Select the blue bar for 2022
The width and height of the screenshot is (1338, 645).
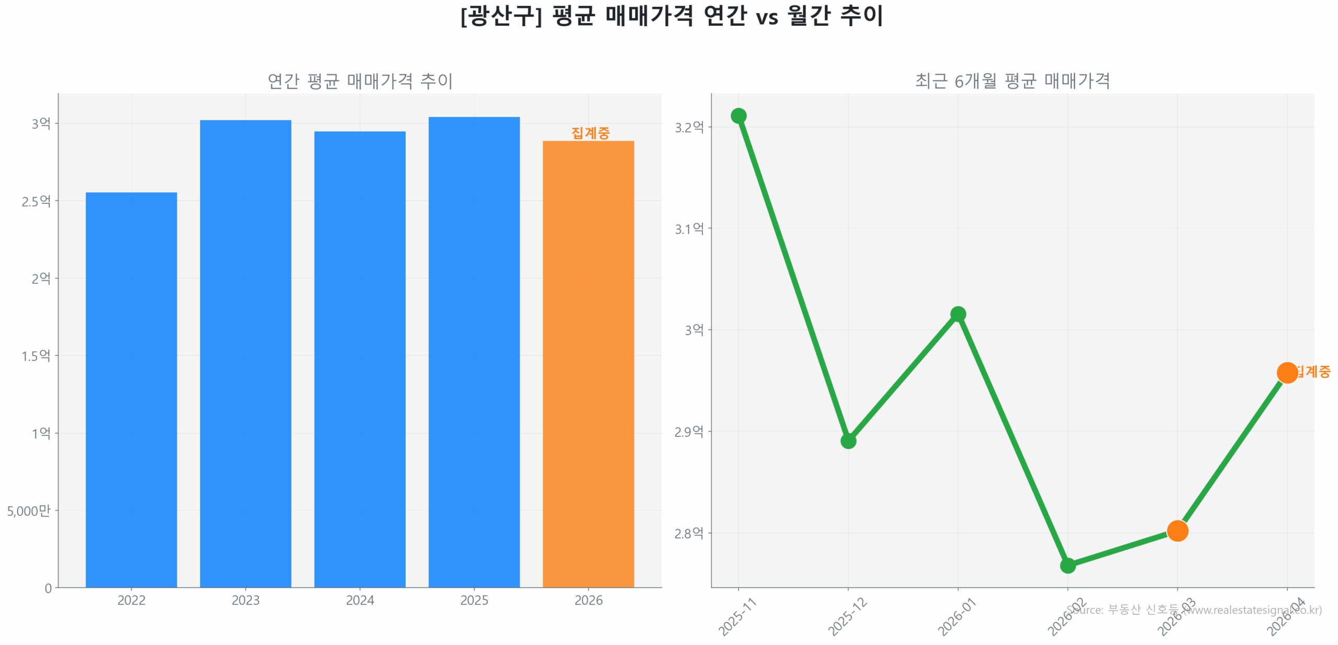coord(131,389)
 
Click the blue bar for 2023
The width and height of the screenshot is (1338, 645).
coord(245,353)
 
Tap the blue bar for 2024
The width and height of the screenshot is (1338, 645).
coord(360,359)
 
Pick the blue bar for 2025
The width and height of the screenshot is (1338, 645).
coord(474,352)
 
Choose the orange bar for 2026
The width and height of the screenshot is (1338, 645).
coord(588,364)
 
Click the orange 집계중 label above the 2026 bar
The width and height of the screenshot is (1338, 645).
coord(590,133)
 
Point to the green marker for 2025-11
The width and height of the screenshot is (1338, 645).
coord(738,116)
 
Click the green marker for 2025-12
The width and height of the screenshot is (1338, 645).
coord(848,441)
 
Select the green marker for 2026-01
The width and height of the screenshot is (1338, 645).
coord(958,314)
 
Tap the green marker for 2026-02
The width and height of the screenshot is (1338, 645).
coord(1067,566)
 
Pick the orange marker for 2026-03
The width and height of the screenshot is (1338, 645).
coord(1177,531)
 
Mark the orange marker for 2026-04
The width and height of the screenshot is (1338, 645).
coord(1287,373)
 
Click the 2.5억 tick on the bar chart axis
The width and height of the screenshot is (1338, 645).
coord(36,201)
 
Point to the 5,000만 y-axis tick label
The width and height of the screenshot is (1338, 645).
coord(29,511)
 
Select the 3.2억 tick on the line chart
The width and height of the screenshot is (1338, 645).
coord(689,127)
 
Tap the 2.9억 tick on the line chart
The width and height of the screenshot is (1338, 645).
coord(689,432)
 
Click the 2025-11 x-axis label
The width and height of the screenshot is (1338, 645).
coord(737,617)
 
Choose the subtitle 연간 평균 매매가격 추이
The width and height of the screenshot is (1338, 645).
coord(360,81)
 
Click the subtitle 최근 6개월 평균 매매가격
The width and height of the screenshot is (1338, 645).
coord(1012,81)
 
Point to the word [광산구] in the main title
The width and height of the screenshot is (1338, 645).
coord(501,16)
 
